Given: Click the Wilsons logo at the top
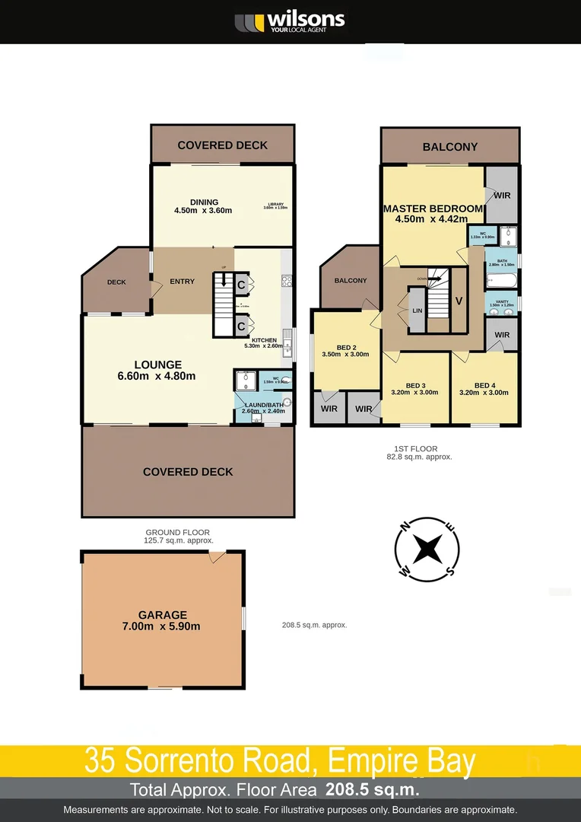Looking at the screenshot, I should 290,21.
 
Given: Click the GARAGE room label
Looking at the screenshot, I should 163,620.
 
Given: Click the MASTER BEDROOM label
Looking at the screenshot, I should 433,214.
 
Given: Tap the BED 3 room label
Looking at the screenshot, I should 415,389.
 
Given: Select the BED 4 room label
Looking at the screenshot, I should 484,389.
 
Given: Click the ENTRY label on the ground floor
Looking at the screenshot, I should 182,282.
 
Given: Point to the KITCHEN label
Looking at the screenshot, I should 264,342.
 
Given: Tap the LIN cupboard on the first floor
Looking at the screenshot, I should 417,311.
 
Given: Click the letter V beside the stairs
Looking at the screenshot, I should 459,301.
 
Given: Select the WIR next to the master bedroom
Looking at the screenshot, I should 502,195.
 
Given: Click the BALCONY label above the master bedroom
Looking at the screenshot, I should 450,147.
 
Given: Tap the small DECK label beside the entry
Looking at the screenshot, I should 116,282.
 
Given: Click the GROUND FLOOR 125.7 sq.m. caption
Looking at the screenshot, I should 178,537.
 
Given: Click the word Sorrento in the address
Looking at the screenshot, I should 199,760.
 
